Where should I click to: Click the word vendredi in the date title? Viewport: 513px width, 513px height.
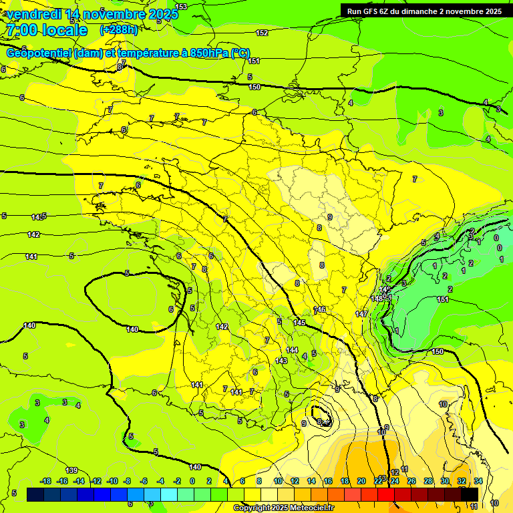33,14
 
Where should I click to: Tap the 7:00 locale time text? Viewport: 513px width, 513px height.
47,30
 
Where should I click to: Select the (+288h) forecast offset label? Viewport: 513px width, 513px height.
119,30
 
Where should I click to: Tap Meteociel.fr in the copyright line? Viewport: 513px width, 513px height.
307,508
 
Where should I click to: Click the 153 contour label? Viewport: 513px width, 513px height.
181,7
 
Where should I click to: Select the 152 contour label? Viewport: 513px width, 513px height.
262,33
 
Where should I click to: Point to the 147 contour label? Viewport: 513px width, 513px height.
361,314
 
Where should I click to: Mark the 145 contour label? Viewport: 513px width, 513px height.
300,323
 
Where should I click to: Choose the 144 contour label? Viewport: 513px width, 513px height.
292,350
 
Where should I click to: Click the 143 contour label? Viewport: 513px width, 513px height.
281,361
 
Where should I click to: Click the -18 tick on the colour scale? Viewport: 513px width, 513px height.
45,481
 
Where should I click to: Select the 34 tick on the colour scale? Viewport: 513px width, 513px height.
478,481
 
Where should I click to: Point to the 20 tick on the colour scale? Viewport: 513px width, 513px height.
361,481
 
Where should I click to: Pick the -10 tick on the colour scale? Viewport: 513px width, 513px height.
112,481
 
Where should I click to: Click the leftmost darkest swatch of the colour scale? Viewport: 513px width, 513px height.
35,494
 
